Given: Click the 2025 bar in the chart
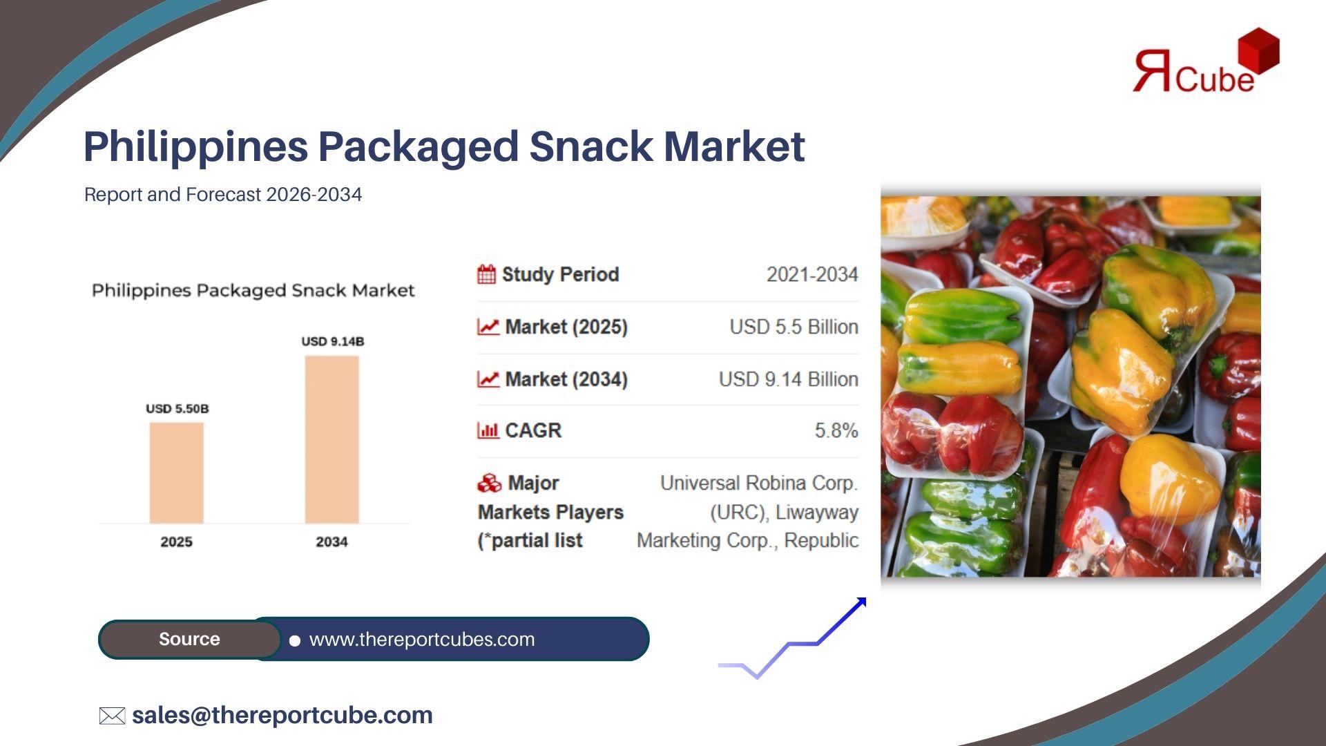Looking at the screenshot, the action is pos(177,473).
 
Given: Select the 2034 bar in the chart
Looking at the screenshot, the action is pos(332,440).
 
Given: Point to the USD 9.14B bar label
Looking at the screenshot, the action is pos(333,341).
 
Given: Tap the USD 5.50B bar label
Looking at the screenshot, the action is pos(177,409).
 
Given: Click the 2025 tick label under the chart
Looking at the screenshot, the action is pos(177,542).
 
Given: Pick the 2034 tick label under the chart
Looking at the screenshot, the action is pos(332,542).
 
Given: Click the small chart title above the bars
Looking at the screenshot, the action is pos(253,291).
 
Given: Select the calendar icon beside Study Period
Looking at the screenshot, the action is pos(487,274).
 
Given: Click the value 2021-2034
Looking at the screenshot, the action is pos(812,274).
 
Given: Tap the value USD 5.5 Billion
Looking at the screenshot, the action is pos(794,327).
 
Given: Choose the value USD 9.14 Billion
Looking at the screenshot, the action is pos(789,379).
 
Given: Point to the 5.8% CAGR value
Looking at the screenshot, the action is pos(836,430).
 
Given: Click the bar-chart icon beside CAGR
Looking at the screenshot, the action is pos(488,430).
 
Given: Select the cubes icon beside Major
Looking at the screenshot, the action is pos(489,483).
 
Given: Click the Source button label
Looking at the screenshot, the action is pos(189,639).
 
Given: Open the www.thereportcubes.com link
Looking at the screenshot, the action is pos(422,640).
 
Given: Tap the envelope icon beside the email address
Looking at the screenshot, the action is pos(112,716).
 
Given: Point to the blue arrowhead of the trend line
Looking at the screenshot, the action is pos(860,604).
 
